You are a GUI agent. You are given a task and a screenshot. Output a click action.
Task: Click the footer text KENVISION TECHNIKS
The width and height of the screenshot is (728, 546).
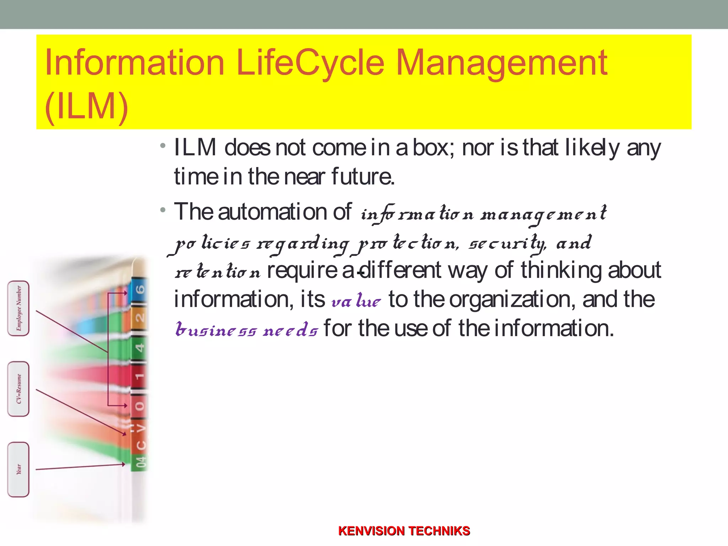404,531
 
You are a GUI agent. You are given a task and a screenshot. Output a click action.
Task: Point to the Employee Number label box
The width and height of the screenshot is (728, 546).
18,308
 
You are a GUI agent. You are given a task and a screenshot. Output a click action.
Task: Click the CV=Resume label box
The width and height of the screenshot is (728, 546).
18,389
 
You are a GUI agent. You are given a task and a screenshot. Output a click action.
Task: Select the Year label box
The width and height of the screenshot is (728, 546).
18,470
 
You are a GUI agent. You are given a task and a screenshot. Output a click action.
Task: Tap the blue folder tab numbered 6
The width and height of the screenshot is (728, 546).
140,289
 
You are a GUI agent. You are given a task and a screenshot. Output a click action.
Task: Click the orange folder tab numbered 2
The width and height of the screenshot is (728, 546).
140,317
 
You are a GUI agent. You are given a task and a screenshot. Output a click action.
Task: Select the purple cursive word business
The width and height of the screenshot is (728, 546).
215,330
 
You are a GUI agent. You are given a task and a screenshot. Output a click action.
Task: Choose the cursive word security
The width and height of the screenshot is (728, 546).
507,244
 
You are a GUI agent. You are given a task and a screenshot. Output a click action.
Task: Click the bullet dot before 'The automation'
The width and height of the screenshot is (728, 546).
163,210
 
